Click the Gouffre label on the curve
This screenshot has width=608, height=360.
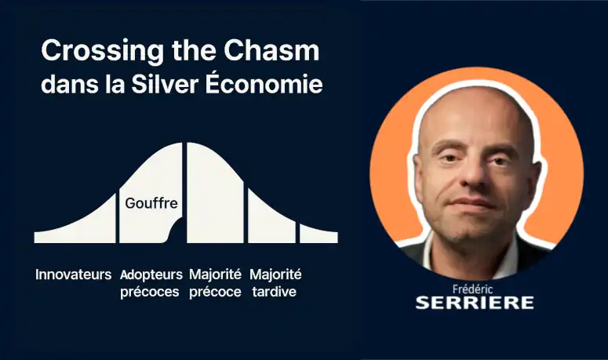pyautogui.click(x=151, y=204)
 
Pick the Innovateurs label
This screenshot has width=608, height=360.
pyautogui.click(x=73, y=275)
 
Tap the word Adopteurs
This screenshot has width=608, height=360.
pyautogui.click(x=151, y=275)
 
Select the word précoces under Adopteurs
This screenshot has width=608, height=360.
pyautogui.click(x=150, y=293)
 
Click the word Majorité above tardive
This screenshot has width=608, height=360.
pyautogui.click(x=275, y=275)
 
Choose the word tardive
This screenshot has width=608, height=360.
pyautogui.click(x=274, y=292)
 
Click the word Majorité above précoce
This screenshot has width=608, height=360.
pyautogui.click(x=215, y=275)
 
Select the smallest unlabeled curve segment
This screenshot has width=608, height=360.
pyautogui.click(x=319, y=235)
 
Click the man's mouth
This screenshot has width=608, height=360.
pyautogui.click(x=471, y=202)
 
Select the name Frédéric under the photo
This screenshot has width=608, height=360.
pyautogui.click(x=473, y=289)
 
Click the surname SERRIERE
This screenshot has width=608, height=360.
pyautogui.click(x=475, y=303)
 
